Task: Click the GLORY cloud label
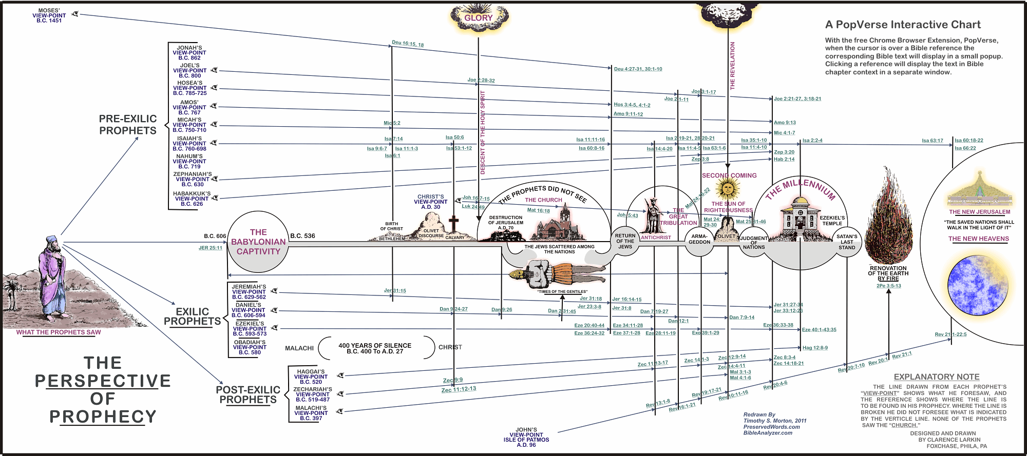[x=479, y=18]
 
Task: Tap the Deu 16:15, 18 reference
[x=408, y=44]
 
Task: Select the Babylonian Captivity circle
[x=258, y=242]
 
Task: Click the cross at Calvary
[x=453, y=224]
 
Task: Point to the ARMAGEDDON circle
[x=699, y=240]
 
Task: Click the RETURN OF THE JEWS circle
[x=625, y=241]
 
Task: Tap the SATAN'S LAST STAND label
[x=847, y=242]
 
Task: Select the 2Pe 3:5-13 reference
[x=888, y=286]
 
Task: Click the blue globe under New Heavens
[x=977, y=286]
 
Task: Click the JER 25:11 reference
[x=211, y=248]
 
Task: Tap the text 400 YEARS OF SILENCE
[x=375, y=346]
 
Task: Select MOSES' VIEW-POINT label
[x=49, y=15]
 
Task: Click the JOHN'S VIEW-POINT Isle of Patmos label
[x=526, y=437]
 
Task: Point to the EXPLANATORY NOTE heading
[x=937, y=377]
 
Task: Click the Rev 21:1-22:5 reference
[x=950, y=334]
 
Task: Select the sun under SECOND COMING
[x=728, y=189]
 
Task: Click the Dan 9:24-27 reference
[x=453, y=309]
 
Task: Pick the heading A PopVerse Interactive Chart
[x=903, y=25]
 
